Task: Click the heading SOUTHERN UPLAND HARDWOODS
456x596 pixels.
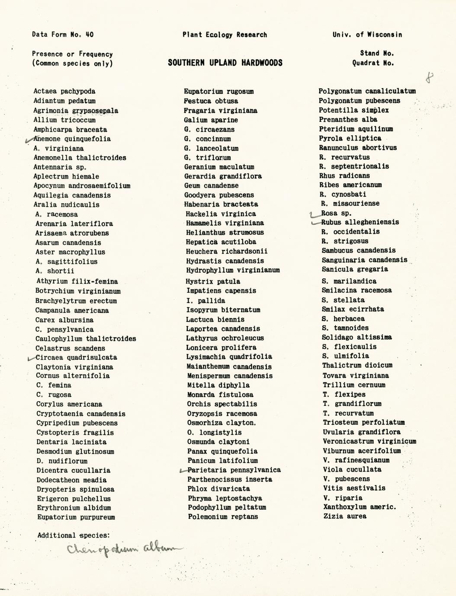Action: point(225,63)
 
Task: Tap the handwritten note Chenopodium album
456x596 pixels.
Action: point(125,550)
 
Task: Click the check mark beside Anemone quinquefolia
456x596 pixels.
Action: point(30,140)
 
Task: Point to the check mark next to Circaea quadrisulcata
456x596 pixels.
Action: point(31,358)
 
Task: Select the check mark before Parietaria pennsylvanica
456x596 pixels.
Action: point(183,471)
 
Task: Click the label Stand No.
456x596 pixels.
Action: point(377,54)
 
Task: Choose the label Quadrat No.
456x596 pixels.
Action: point(373,63)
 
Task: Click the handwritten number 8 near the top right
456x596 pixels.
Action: point(429,78)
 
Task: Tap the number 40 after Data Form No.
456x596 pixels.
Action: point(89,35)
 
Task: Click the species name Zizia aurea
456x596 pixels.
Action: point(345,516)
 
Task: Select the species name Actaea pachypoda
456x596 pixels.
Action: point(64,91)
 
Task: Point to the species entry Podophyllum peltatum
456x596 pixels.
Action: point(227,507)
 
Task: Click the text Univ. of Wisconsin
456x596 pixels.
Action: point(367,35)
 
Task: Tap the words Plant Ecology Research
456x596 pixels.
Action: point(225,35)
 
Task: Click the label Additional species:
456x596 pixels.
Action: point(73,535)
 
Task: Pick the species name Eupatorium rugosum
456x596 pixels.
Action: point(218,91)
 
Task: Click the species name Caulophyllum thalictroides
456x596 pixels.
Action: point(86,339)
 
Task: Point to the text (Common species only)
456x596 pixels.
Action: point(72,64)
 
